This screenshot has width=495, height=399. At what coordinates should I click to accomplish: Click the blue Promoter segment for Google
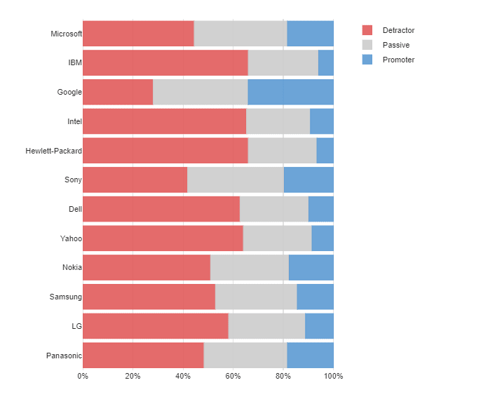click(x=290, y=92)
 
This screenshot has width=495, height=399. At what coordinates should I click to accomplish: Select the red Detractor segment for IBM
click(x=165, y=62)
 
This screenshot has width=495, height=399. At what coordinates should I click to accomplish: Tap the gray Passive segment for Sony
click(x=236, y=180)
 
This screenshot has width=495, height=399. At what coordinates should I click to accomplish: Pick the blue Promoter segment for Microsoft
click(x=310, y=34)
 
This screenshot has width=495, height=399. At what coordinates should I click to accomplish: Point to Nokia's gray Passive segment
click(x=249, y=267)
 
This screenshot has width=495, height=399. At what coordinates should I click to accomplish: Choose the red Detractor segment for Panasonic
click(x=143, y=355)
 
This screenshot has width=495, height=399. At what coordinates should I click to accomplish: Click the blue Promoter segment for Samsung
click(x=315, y=297)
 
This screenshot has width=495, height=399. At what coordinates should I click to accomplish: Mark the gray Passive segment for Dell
click(x=273, y=209)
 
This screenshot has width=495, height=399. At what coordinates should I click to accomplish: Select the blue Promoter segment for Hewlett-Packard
click(x=325, y=151)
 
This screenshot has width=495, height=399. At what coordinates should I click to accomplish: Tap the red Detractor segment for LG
click(x=155, y=326)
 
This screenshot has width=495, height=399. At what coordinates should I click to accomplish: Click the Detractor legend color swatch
click(x=367, y=30)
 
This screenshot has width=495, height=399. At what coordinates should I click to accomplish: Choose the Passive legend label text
click(x=396, y=45)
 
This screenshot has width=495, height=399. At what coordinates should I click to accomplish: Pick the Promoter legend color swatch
click(x=367, y=60)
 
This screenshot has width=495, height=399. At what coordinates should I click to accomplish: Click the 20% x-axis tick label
click(x=133, y=377)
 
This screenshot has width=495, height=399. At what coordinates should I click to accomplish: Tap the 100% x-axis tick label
click(x=334, y=377)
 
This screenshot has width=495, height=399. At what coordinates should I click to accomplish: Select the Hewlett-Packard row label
click(x=53, y=151)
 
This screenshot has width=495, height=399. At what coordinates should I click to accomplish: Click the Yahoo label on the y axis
click(x=71, y=238)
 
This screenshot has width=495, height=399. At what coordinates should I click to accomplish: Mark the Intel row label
click(x=74, y=121)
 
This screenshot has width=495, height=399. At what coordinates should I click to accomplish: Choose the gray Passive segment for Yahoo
click(x=277, y=238)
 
